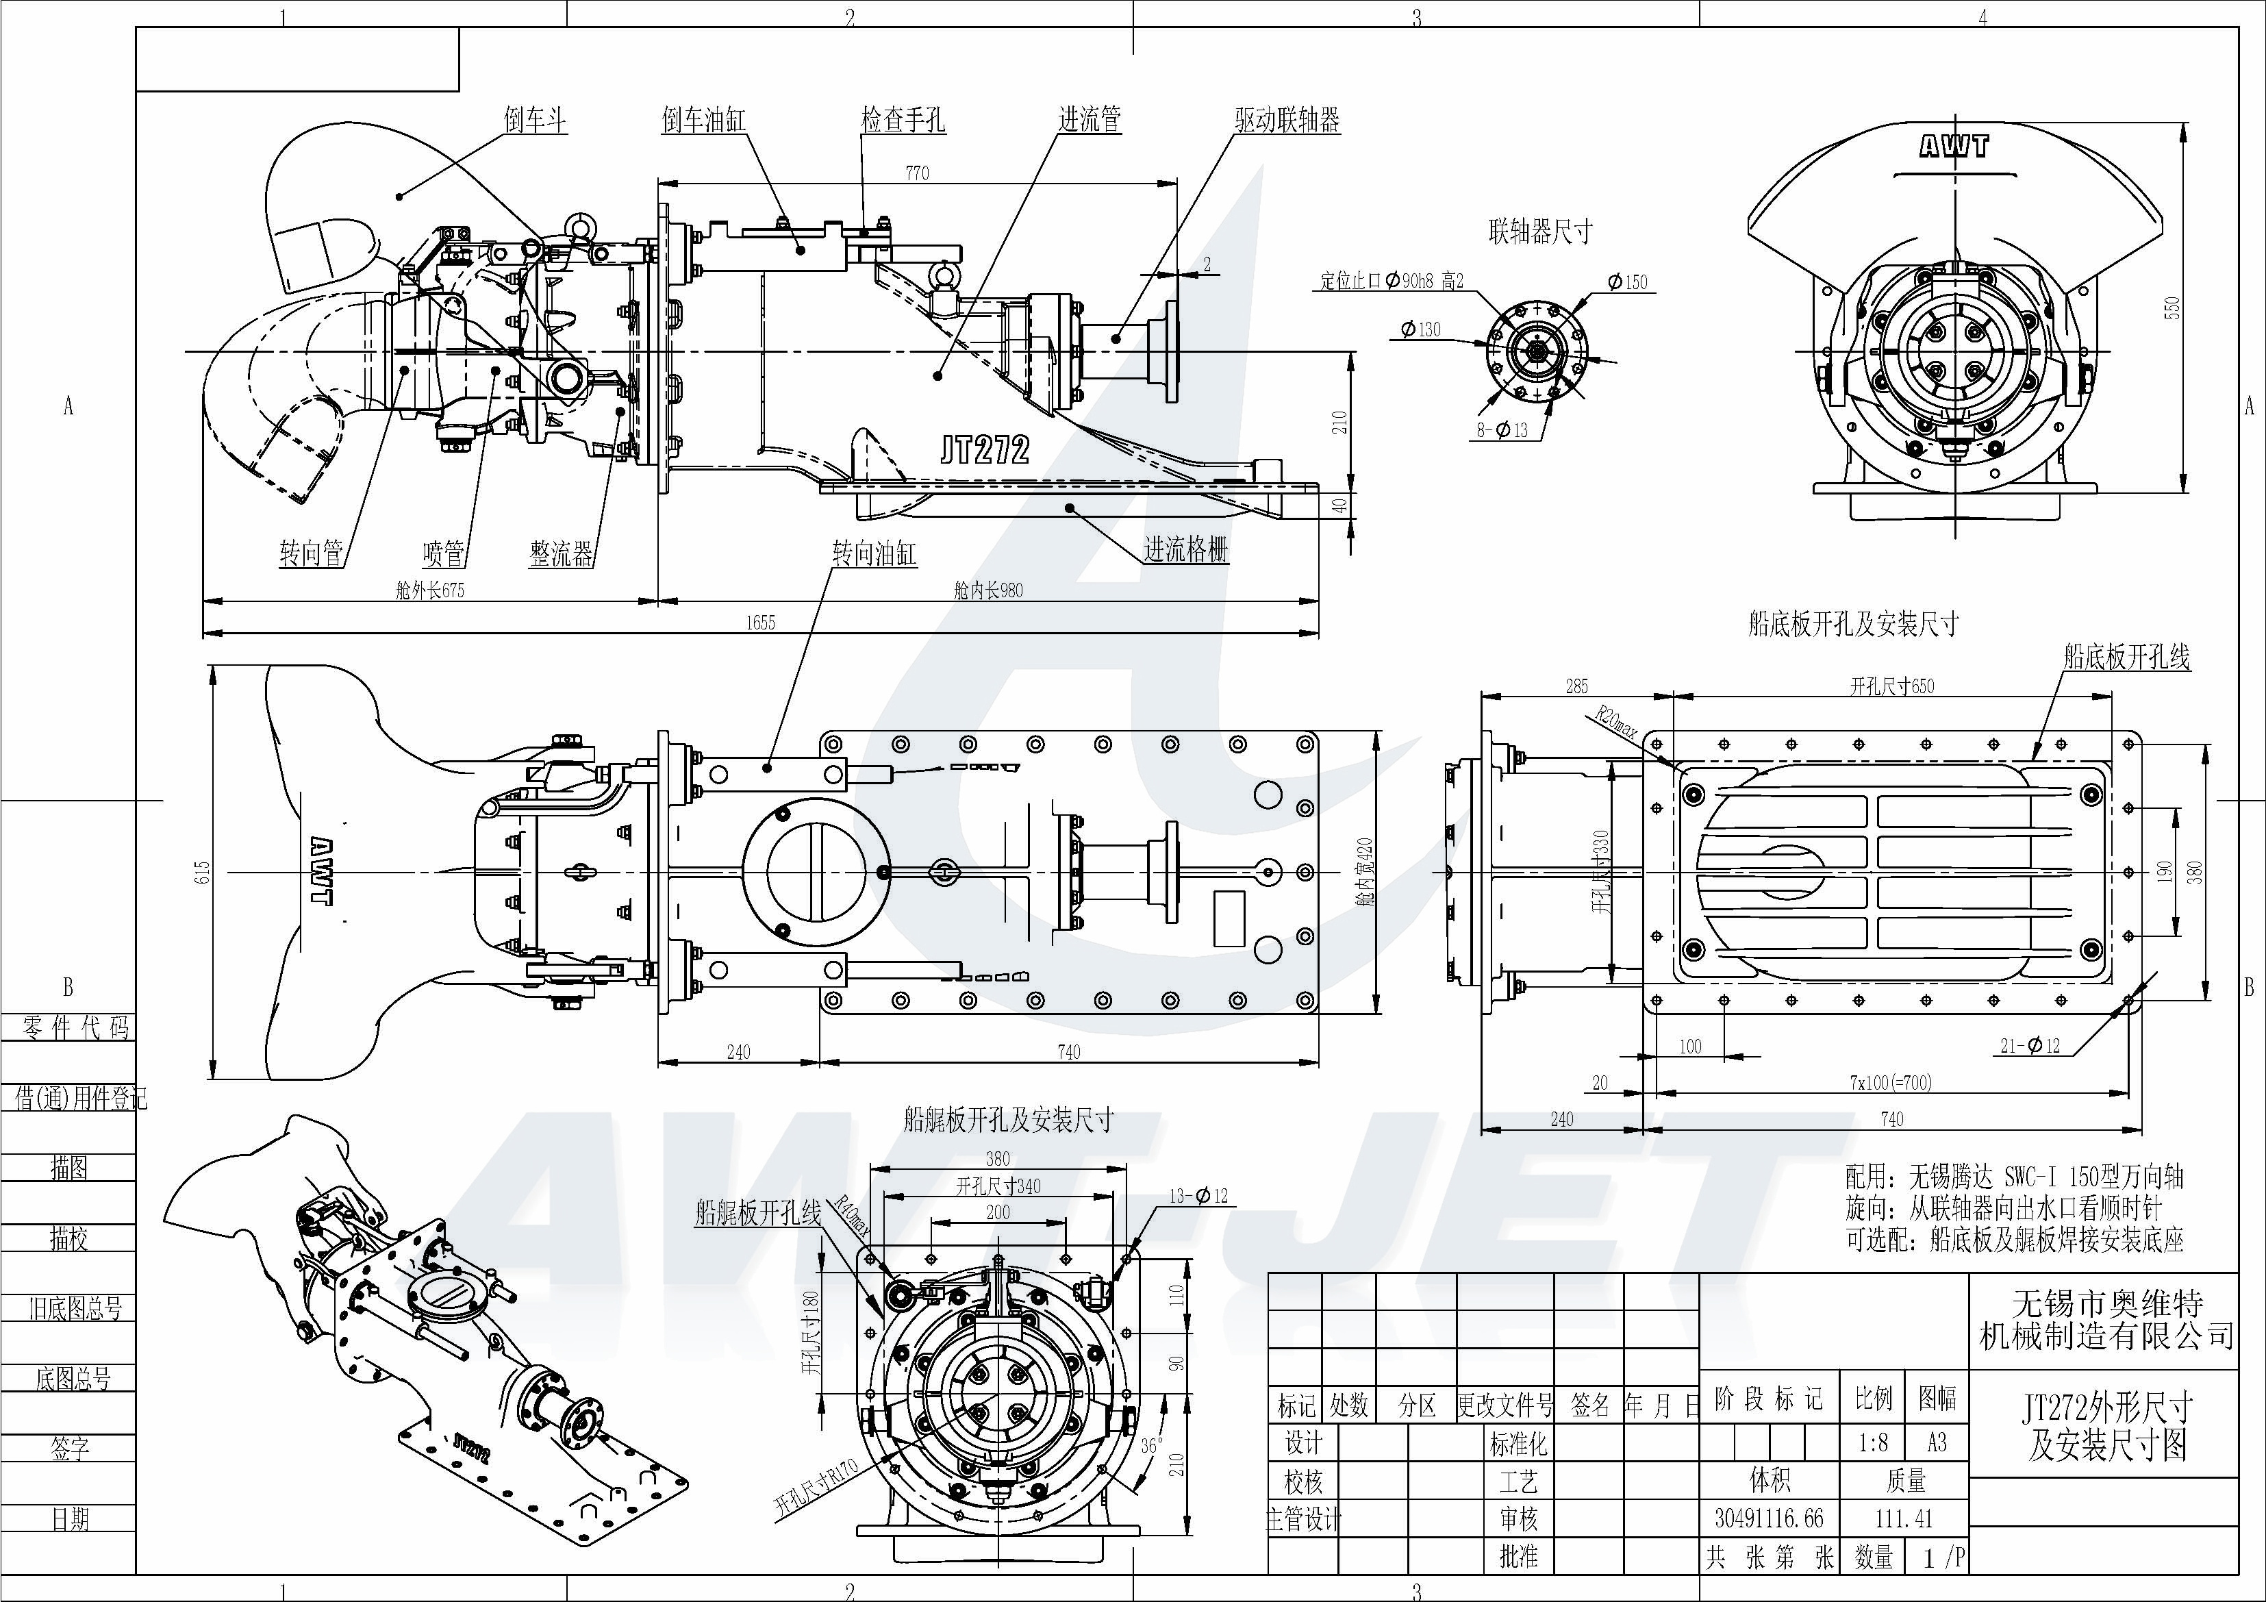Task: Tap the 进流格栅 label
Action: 1185,550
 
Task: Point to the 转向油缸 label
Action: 873,553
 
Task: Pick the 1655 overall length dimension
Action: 760,623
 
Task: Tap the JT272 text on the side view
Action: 984,450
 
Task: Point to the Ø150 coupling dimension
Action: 1626,282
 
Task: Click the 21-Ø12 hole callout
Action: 2030,1045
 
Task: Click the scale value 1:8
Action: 1872,1443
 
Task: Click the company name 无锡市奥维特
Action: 2107,1303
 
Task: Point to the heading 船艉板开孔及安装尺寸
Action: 1007,1119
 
